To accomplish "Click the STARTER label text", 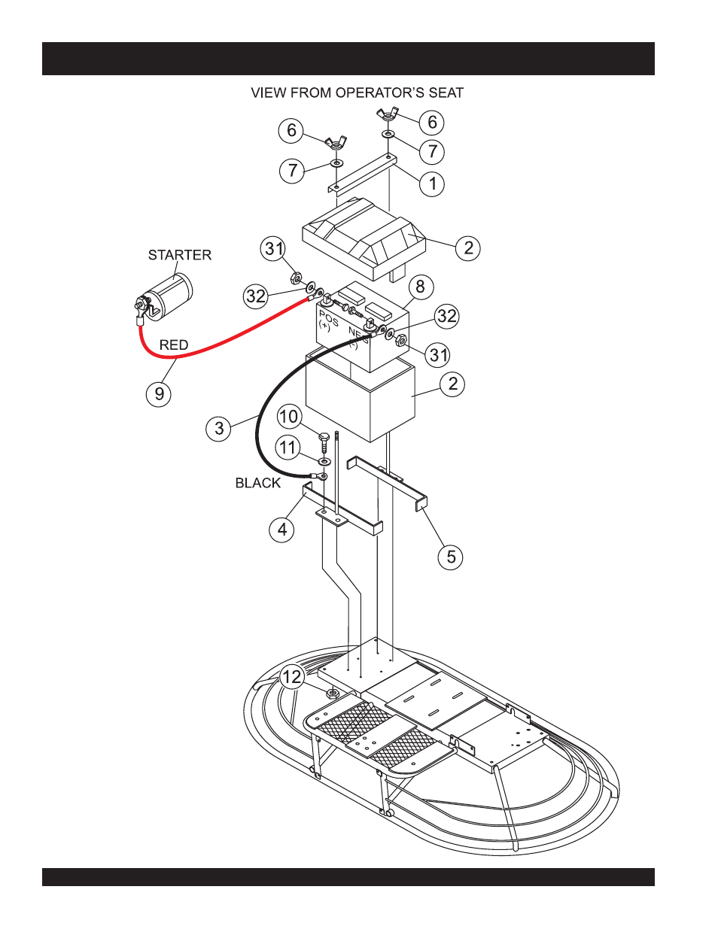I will (x=180, y=255).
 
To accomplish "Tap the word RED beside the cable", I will (x=174, y=345).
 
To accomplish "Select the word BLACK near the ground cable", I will (x=257, y=483).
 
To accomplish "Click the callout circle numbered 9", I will (x=159, y=393).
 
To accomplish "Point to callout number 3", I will (x=218, y=429).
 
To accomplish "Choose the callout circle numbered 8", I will (x=420, y=287).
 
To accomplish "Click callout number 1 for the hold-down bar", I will (x=432, y=184).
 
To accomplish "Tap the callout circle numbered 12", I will (x=292, y=677).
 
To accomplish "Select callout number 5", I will (x=451, y=557).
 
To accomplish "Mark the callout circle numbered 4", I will (x=281, y=530).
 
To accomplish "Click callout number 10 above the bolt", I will (x=289, y=417).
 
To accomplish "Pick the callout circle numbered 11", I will (x=288, y=448).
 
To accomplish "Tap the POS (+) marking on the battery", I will (x=327, y=320).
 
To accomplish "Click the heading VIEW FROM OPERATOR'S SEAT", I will (x=357, y=93).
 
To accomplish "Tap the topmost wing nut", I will (x=388, y=115).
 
